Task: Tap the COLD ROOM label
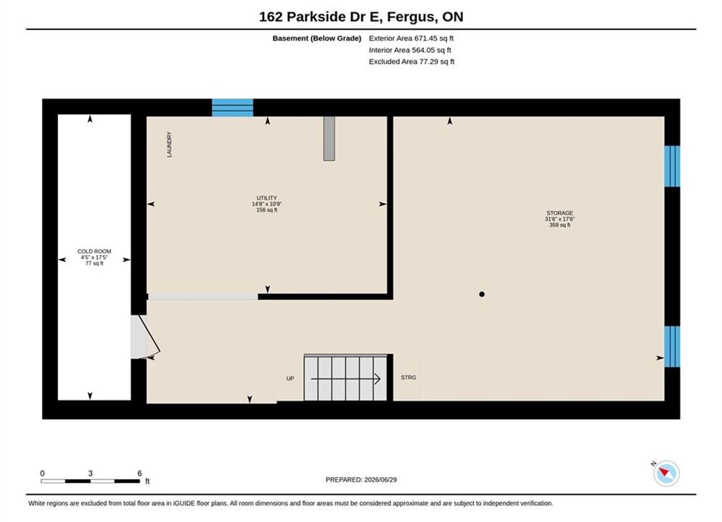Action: pyautogui.click(x=94, y=252)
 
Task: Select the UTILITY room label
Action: pyautogui.click(x=266, y=198)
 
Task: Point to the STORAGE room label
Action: pyautogui.click(x=560, y=213)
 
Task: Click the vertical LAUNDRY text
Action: pyautogui.click(x=169, y=144)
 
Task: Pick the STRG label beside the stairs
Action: pyautogui.click(x=409, y=378)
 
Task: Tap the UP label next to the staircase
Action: pyautogui.click(x=290, y=378)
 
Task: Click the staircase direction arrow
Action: pyautogui.click(x=346, y=379)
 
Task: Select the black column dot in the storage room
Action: pyautogui.click(x=482, y=294)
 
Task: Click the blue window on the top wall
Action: pyautogui.click(x=232, y=107)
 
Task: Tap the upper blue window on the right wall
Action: pyautogui.click(x=672, y=166)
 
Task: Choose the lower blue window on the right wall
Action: pyautogui.click(x=672, y=347)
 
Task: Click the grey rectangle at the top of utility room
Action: pyautogui.click(x=329, y=138)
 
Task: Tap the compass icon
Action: pyautogui.click(x=666, y=473)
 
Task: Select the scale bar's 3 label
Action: pyautogui.click(x=90, y=473)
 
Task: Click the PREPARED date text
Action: pyautogui.click(x=361, y=480)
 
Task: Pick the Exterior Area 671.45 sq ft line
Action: pyautogui.click(x=411, y=38)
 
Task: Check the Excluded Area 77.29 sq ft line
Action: pyautogui.click(x=411, y=62)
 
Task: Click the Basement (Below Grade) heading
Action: pyautogui.click(x=317, y=38)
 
